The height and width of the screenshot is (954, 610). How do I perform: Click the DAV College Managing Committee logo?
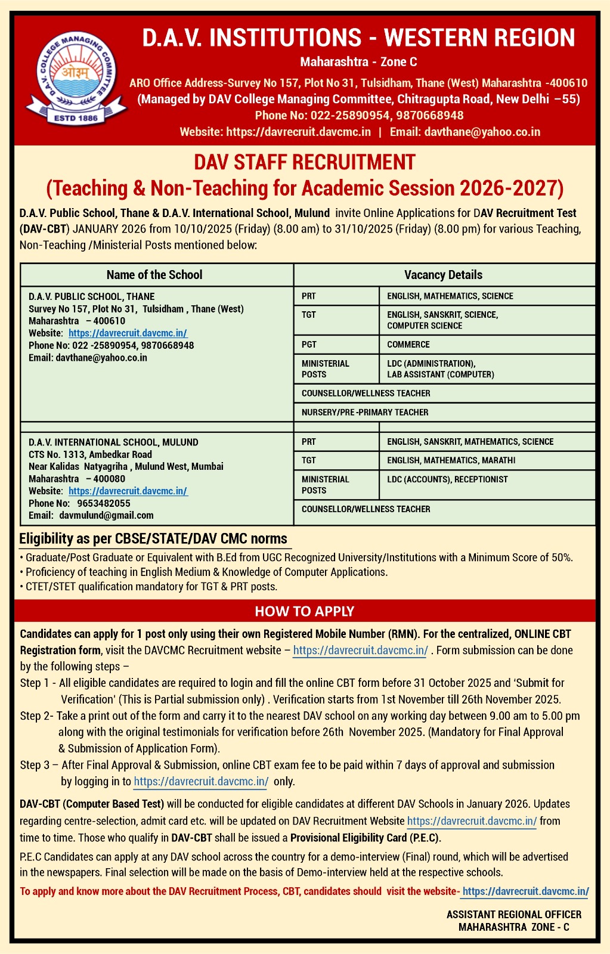[75, 79]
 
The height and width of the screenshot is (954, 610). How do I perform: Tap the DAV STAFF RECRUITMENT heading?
[304, 162]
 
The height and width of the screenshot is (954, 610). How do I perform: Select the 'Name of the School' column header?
[154, 275]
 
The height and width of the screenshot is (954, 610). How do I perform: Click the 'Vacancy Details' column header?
[443, 275]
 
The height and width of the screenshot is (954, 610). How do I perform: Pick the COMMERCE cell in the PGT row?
[408, 345]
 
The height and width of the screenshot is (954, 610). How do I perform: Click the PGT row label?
[309, 345]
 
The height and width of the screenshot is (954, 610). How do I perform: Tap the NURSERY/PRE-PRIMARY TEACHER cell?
[365, 412]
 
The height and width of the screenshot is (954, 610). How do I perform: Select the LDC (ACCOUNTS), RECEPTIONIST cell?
[447, 479]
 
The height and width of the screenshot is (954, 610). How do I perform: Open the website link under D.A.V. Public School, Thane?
[128, 333]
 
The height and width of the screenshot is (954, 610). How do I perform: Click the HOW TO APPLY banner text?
[304, 611]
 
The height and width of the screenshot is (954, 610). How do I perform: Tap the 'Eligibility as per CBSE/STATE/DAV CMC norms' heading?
[153, 539]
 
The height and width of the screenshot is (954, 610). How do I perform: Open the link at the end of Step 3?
[201, 781]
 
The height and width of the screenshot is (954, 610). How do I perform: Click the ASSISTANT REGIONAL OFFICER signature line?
[513, 915]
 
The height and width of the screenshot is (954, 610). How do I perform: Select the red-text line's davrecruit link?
[525, 891]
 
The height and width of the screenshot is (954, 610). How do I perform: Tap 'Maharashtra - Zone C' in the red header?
[358, 62]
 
